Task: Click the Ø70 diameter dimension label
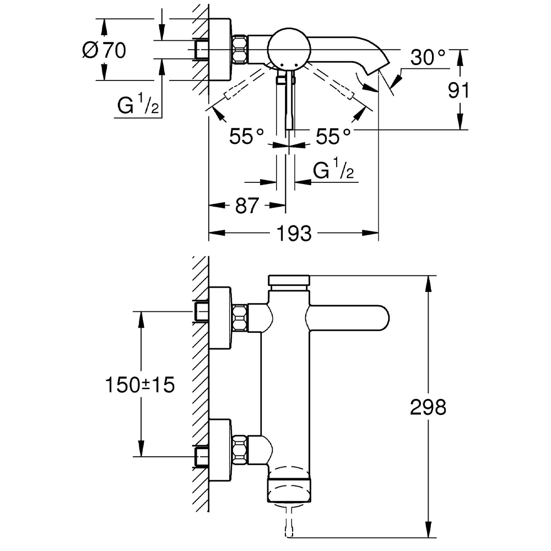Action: [x=104, y=50]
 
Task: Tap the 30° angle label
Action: [x=428, y=57]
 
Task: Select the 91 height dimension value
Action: [x=458, y=90]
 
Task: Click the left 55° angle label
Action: [x=247, y=136]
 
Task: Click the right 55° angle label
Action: [x=333, y=136]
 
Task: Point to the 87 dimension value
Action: [x=246, y=206]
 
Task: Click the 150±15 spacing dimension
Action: [x=140, y=385]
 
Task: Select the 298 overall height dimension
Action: [x=428, y=408]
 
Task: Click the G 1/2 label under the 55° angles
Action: [x=333, y=171]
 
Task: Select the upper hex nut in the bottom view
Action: [x=239, y=318]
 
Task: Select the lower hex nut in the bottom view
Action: [x=239, y=450]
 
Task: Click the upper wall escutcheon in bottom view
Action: [x=220, y=318]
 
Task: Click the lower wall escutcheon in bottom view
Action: [x=220, y=450]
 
